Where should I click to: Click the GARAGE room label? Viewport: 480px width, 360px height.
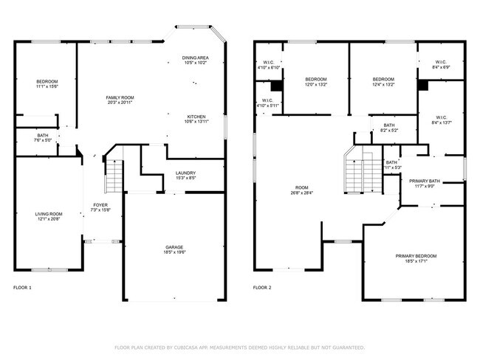(175, 247)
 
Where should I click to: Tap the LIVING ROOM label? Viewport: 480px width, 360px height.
(49, 214)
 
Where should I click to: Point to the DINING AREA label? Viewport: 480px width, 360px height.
(196, 58)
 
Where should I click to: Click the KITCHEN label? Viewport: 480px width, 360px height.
(196, 117)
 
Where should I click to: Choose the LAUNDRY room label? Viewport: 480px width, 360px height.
(185, 173)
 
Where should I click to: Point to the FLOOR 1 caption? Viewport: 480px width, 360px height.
(22, 287)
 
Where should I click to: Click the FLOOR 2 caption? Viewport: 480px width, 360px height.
(261, 287)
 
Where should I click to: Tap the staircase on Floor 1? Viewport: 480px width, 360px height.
(113, 177)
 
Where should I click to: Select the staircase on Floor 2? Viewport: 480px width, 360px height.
(354, 173)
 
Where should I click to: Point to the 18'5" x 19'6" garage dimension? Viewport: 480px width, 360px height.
(175, 252)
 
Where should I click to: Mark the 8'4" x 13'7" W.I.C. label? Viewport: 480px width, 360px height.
(442, 120)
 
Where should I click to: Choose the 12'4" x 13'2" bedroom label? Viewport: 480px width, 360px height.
(383, 82)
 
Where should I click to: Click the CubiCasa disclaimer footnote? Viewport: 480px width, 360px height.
(239, 347)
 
